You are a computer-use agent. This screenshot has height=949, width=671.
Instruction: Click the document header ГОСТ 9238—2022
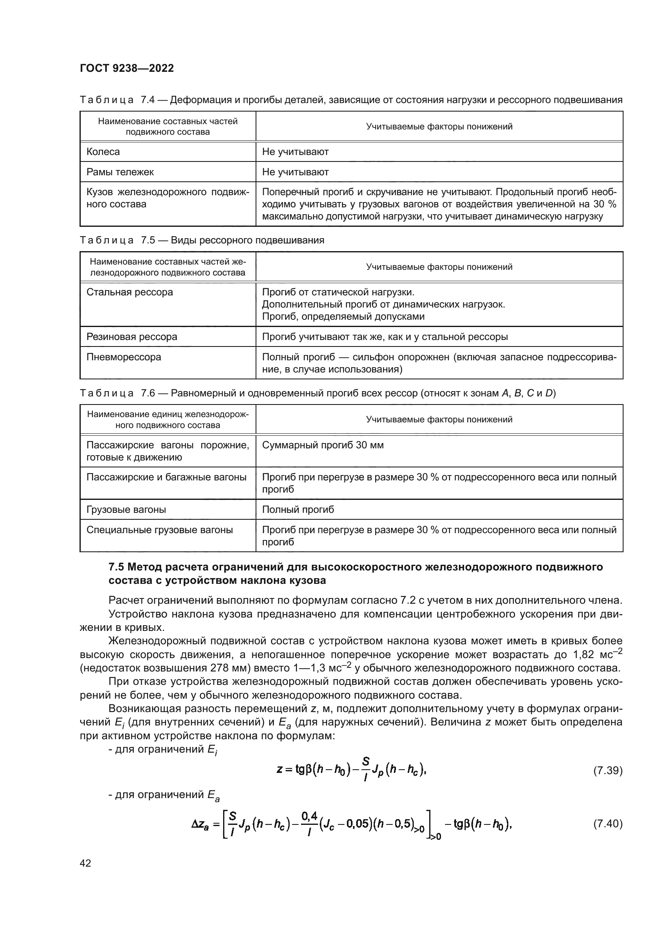127,68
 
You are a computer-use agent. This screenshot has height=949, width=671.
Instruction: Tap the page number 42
86,863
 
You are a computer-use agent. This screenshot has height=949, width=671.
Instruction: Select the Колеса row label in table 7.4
103,152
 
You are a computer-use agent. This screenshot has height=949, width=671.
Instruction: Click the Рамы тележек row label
120,172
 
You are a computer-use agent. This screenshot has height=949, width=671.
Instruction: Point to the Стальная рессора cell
130,292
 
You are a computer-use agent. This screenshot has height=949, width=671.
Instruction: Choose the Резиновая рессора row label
132,336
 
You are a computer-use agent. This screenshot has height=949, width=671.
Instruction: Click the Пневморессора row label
124,357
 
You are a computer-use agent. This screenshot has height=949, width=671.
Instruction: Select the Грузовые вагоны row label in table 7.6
127,510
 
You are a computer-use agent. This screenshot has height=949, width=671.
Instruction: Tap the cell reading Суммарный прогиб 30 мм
323,445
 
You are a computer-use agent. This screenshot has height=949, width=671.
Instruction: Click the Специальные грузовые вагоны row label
159,530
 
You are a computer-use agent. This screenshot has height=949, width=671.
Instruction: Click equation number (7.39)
607,770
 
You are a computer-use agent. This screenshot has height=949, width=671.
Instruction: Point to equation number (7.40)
607,824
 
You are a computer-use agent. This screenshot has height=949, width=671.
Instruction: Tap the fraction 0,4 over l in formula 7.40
310,823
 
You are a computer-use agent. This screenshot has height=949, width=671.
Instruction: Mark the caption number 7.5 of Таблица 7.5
148,240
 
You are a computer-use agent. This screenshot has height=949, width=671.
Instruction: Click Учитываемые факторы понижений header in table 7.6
439,420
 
